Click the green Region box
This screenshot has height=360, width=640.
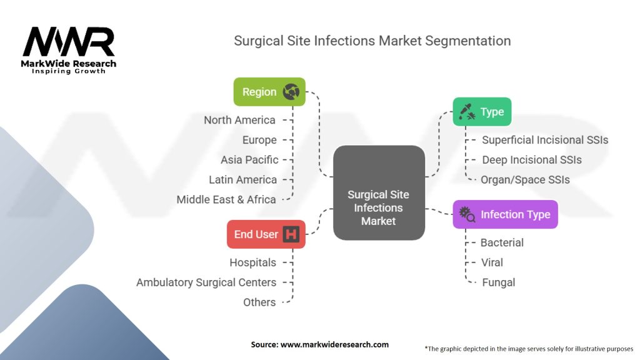pyautogui.click(x=269, y=92)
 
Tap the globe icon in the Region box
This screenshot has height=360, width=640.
pyautogui.click(x=291, y=92)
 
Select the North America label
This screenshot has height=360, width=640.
pyautogui.click(x=239, y=120)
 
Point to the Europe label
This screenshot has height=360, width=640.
pyautogui.click(x=259, y=140)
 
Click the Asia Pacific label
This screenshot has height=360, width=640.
pyautogui.click(x=249, y=160)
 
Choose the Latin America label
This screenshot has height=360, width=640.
pyautogui.click(x=243, y=179)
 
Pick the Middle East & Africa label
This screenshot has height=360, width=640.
pyautogui.click(x=226, y=199)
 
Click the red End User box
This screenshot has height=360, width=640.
pyautogui.click(x=266, y=234)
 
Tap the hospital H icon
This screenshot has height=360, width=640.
pyautogui.click(x=291, y=234)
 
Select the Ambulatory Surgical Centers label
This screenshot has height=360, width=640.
pyautogui.click(x=206, y=282)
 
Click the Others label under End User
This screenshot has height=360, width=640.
pyautogui.click(x=259, y=302)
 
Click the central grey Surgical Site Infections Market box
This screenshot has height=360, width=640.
pyautogui.click(x=379, y=192)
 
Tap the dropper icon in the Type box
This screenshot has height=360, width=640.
pyautogui.click(x=467, y=111)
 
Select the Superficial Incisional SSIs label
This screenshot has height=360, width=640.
pyautogui.click(x=545, y=140)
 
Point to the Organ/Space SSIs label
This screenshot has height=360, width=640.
pyautogui.click(x=525, y=179)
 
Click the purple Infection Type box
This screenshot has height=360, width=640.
pyautogui.click(x=505, y=214)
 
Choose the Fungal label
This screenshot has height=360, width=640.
pyautogui.click(x=498, y=282)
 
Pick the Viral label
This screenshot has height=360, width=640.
pyautogui.click(x=492, y=262)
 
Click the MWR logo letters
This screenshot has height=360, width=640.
pyautogui.click(x=69, y=41)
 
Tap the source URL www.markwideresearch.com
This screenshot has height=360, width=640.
pyautogui.click(x=335, y=344)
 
